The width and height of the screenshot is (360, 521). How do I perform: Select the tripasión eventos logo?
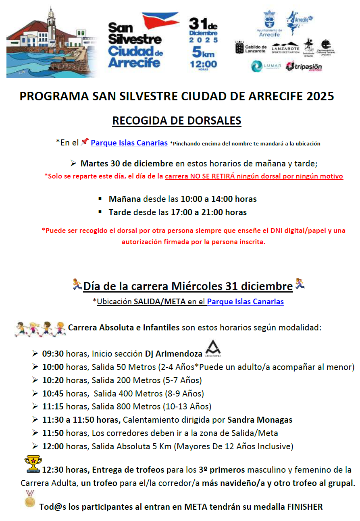coord(304,66)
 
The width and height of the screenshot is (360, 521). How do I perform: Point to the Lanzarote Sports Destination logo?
coord(285,48)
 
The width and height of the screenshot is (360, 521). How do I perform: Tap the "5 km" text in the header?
coord(203,52)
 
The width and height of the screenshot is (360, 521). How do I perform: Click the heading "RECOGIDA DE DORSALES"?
coord(177,121)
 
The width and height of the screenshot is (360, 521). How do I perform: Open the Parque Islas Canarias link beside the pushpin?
coord(129,143)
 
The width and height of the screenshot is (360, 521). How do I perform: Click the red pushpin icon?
coord(85,142)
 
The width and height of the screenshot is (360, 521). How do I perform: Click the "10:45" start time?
coord(53,393)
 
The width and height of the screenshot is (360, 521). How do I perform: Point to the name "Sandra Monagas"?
coord(260,420)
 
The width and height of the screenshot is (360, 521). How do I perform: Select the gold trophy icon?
coord(33,463)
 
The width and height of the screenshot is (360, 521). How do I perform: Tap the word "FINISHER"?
coord(305,506)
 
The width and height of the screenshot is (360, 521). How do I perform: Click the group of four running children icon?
coord(40,328)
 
